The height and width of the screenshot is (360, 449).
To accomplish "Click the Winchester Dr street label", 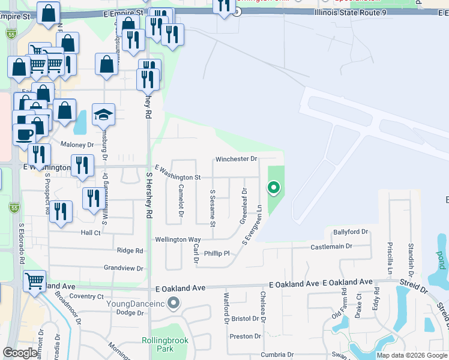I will [237, 160].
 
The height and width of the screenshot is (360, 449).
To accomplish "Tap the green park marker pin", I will [274, 188].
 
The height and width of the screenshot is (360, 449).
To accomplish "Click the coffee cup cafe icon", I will [25, 134].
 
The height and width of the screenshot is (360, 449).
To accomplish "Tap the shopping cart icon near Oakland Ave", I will [35, 280].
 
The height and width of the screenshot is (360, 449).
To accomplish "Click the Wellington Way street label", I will [178, 239].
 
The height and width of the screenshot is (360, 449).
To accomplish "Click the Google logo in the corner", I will [20, 353].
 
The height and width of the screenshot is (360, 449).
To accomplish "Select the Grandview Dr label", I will [124, 268].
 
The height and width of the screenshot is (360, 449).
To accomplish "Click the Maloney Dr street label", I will [78, 145].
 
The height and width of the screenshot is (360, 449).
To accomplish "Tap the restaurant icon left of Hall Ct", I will [61, 211].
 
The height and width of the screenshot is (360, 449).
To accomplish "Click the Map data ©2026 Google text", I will [411, 355].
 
